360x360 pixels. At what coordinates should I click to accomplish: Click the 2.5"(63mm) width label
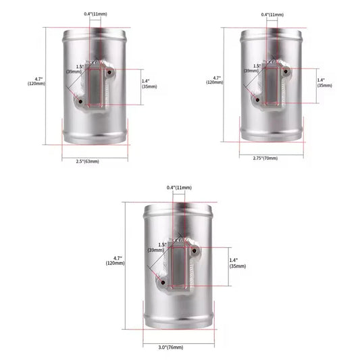tap(88, 161)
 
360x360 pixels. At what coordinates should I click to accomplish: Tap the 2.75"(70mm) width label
tap(265, 158)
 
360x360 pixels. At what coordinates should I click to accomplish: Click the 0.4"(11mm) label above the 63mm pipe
tap(95, 14)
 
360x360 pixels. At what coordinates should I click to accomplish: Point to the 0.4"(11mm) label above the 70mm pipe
tap(272, 15)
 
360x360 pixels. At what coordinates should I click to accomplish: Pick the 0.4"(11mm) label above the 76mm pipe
tap(179, 188)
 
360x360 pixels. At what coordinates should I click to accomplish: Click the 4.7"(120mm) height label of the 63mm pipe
tap(36, 81)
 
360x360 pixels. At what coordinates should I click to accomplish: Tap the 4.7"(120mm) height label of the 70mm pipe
tap(215, 80)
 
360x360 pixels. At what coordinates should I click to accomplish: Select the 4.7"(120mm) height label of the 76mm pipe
tap(115, 261)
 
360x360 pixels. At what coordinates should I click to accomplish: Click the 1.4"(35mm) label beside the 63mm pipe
tap(149, 84)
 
